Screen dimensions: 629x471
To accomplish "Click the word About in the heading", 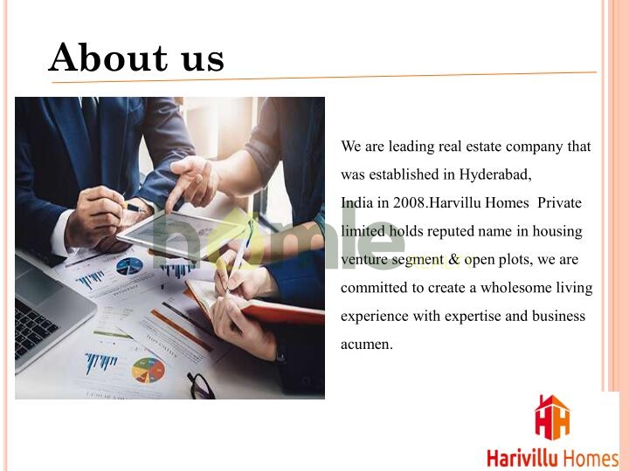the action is tap(108, 58).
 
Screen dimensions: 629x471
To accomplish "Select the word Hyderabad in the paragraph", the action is tap(495, 175).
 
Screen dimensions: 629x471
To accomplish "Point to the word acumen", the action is tap(367, 345).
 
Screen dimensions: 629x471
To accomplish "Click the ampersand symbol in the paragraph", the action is tap(453, 260).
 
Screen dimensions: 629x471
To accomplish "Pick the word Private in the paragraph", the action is tap(559, 202).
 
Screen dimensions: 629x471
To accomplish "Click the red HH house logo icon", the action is tap(552, 417).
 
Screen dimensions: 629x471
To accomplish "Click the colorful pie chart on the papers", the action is tap(148, 371).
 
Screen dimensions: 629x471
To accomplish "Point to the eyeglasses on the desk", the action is tap(202, 386).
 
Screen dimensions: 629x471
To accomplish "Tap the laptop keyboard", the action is tap(33, 326).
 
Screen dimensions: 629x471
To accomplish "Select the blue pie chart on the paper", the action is tap(129, 266).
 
